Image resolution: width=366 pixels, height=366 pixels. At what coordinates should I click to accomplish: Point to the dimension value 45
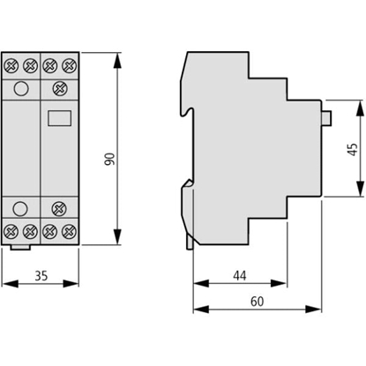353,150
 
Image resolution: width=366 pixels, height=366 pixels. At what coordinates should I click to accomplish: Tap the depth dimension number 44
240,276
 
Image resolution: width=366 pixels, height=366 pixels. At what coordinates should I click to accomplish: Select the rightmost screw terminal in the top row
72,65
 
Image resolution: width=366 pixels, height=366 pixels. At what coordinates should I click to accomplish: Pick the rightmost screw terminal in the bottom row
72,233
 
